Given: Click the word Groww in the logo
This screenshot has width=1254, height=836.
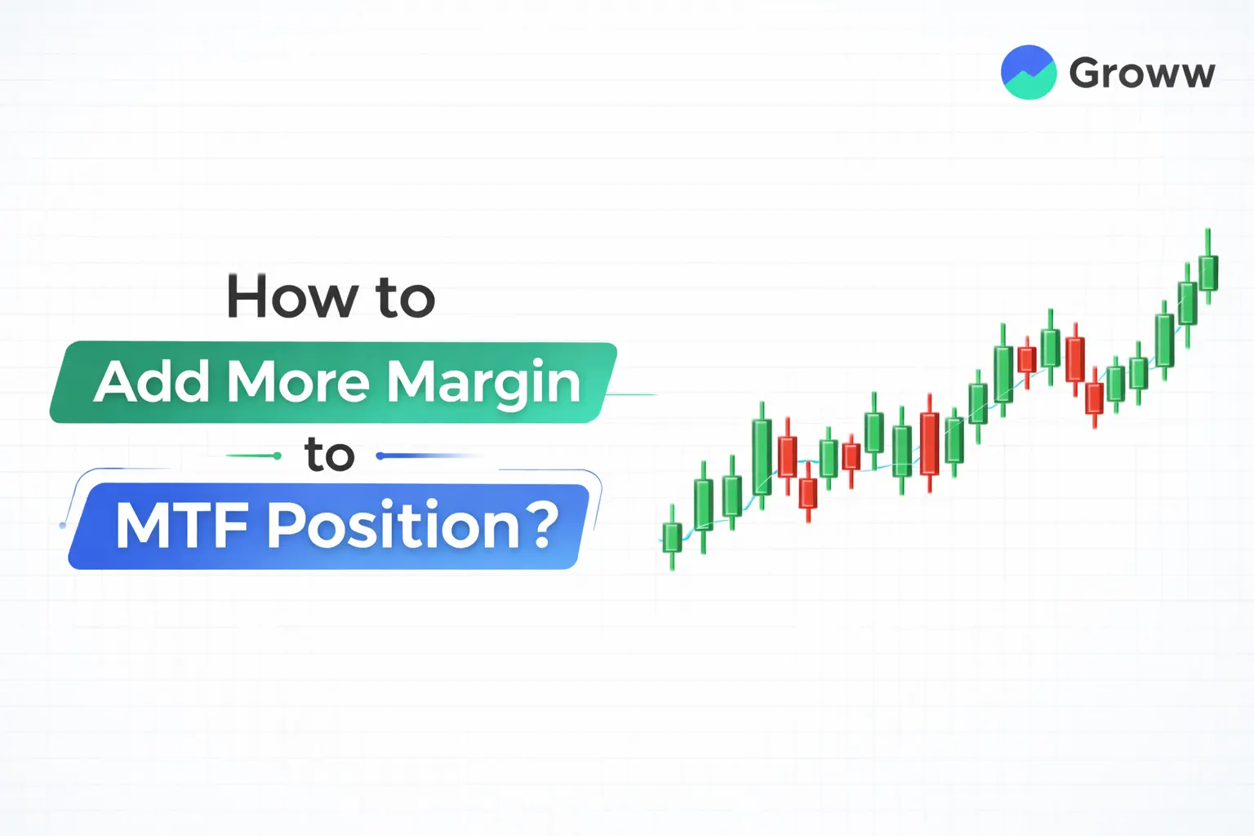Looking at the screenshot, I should click(1141, 73).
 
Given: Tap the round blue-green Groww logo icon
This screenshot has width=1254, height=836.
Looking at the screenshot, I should click(1029, 73).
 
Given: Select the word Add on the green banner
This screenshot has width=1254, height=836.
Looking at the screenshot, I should click(152, 382).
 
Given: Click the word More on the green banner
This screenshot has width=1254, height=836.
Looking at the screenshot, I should click(298, 382).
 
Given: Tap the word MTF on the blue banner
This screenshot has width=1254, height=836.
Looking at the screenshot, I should click(182, 526).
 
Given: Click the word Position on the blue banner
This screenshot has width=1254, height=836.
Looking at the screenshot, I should click(393, 526).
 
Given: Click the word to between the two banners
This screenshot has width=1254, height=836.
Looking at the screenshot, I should click(330, 455).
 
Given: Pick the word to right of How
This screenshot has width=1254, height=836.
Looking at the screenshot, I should click(406, 298).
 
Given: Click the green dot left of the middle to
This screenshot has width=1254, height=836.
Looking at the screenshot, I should click(278, 456).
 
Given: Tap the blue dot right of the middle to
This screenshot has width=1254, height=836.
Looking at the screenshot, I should click(380, 456).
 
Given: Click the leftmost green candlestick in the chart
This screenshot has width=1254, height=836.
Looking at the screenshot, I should click(672, 538).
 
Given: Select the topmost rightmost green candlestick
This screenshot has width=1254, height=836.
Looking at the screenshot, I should click(1208, 272).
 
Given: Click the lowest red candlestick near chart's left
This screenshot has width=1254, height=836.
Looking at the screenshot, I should click(808, 492).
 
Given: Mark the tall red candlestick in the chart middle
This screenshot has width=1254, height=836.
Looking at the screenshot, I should click(929, 443).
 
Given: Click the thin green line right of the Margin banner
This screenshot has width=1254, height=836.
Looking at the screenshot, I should click(634, 394).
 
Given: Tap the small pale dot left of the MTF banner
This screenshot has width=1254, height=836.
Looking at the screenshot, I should click(63, 525).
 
